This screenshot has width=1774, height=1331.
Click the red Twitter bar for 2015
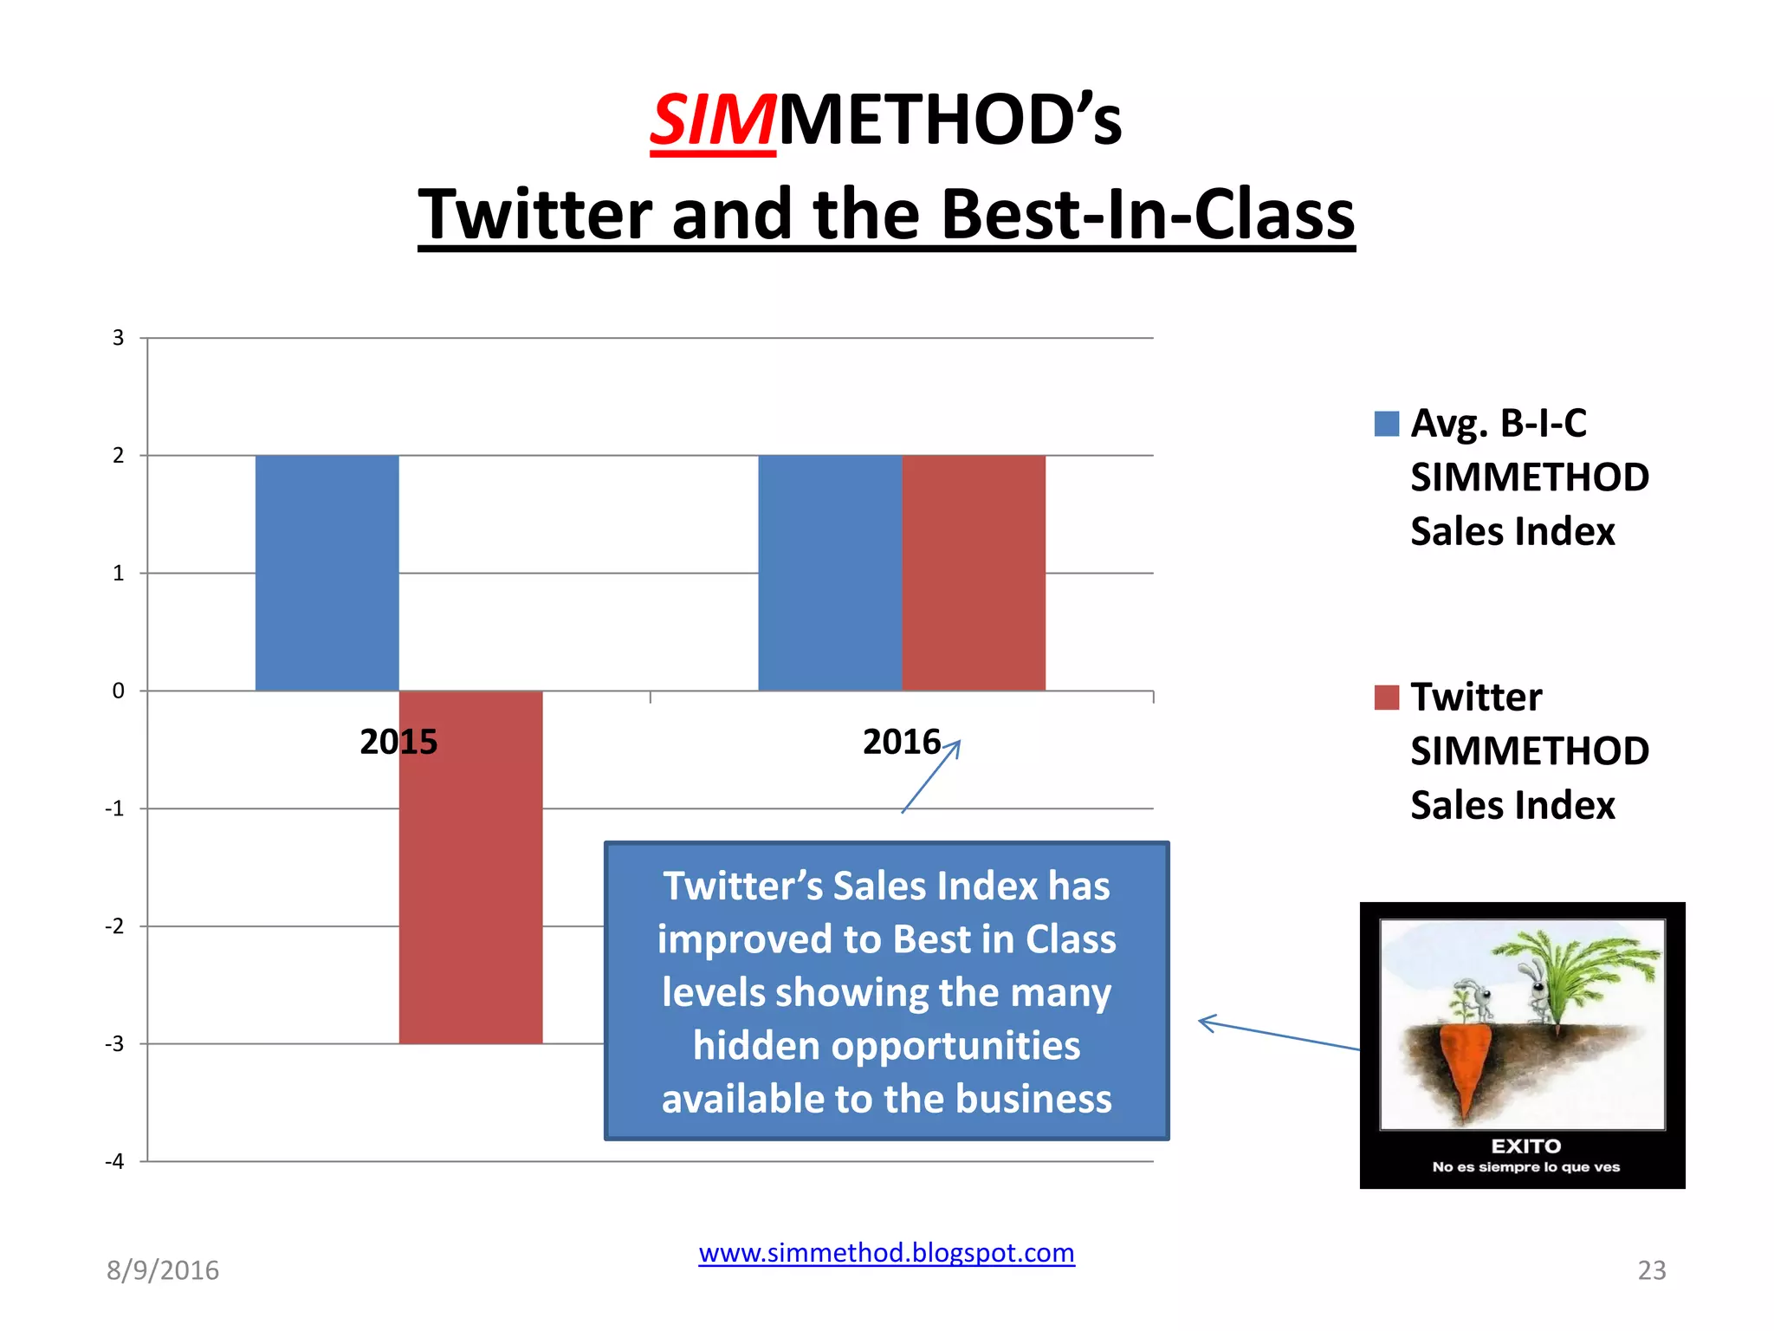pyautogui.click(x=470, y=867)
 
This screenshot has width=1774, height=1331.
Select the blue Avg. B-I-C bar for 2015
pyautogui.click(x=327, y=572)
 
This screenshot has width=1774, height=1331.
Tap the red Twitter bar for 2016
pyautogui.click(x=974, y=572)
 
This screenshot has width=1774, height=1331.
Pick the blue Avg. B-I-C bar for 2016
pyautogui.click(x=830, y=572)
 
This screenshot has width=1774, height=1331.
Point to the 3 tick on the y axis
pyautogui.click(x=119, y=338)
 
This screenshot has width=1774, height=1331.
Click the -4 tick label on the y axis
pyautogui.click(x=115, y=1161)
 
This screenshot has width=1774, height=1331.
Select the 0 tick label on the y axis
pyautogui.click(x=119, y=691)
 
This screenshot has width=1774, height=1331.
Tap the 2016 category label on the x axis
pyautogui.click(x=901, y=742)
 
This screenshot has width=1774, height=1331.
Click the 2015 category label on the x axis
pyautogui.click(x=398, y=742)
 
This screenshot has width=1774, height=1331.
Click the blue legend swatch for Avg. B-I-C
pyautogui.click(x=1386, y=424)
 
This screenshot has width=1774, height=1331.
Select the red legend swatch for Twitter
pyautogui.click(x=1386, y=698)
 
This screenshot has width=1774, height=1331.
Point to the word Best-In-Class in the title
pyautogui.click(x=1148, y=214)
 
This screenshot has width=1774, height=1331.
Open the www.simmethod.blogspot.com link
pyautogui.click(x=886, y=1253)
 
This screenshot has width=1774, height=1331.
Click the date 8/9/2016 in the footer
pyautogui.click(x=163, y=1270)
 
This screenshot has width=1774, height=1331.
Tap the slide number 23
pyautogui.click(x=1651, y=1270)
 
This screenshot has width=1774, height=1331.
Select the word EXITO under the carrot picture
pyautogui.click(x=1525, y=1146)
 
